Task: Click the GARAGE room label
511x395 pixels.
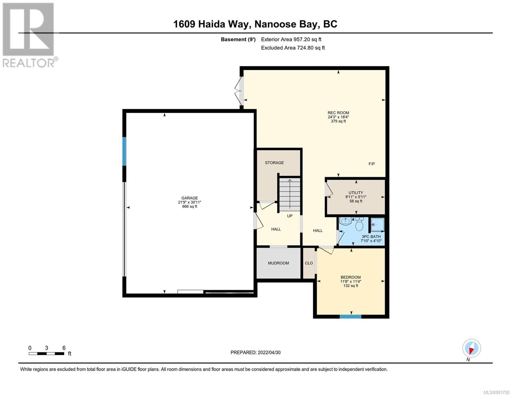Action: [190, 198]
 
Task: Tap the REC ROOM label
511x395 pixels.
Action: [338, 113]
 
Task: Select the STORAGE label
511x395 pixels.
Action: [274, 163]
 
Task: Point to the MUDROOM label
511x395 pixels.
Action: [278, 263]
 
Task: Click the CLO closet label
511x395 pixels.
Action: [309, 263]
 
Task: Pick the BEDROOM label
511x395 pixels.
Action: [351, 277]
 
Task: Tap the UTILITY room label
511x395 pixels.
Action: [356, 193]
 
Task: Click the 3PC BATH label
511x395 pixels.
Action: [371, 237]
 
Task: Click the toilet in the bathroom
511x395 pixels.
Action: [359, 224]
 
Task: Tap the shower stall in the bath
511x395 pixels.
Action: [377, 224]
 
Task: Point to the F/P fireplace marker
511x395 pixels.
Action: [371, 164]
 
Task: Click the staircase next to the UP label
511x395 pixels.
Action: [290, 195]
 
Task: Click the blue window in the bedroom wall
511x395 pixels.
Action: [350, 316]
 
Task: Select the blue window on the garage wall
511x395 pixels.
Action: [124, 151]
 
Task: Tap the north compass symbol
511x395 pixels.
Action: [472, 348]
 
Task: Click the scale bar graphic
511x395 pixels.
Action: [47, 354]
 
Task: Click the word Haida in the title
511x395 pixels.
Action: [212, 24]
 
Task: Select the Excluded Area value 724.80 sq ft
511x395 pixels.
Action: [311, 48]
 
